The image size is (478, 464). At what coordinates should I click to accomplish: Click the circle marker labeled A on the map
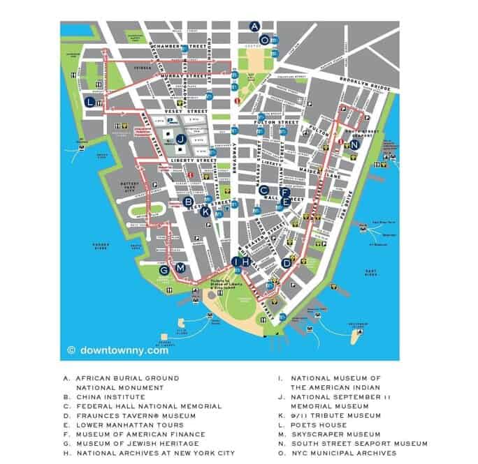click(x=254, y=27)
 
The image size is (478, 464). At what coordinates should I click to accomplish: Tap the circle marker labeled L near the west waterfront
click(x=89, y=102)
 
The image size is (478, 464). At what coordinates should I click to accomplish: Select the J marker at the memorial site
click(x=180, y=139)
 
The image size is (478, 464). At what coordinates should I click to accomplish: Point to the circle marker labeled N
click(x=355, y=144)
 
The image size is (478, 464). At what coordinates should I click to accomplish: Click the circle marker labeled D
click(x=287, y=263)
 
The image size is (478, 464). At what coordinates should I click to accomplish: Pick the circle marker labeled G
click(x=164, y=270)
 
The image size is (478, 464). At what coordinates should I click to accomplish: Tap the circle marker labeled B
click(x=187, y=202)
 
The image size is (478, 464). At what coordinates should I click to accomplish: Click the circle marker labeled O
click(x=264, y=40)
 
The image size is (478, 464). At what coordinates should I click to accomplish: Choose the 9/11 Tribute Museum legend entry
click(x=335, y=415)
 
